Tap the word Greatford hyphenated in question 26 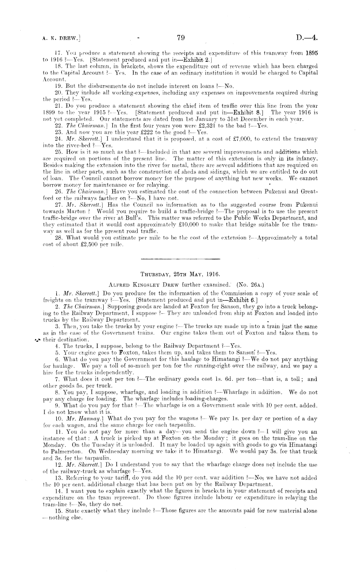coord(309,191)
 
